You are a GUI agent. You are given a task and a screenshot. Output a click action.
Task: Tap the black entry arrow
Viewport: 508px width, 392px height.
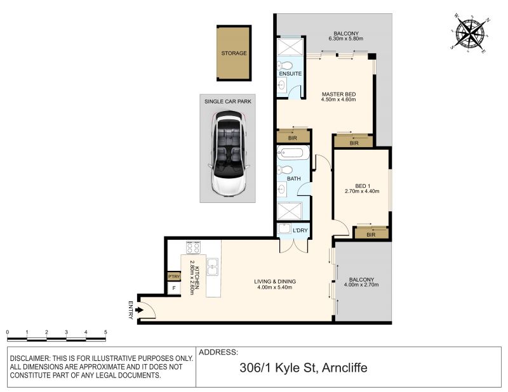pos(139,310)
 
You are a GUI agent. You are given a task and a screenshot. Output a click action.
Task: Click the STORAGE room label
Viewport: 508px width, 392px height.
pos(234,53)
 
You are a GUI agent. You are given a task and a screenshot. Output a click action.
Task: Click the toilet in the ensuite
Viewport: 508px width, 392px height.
pos(284,66)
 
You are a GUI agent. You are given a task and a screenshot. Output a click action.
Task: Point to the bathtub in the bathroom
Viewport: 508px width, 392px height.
pos(293,153)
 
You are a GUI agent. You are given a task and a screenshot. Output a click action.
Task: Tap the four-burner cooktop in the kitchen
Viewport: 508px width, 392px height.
pos(193,247)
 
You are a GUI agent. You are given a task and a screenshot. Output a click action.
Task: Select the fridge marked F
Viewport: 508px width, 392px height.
pos(174,288)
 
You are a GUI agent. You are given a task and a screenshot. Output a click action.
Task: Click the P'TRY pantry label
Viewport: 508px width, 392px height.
pos(174,277)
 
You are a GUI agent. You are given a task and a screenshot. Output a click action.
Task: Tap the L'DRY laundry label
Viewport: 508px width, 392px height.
pos(300,230)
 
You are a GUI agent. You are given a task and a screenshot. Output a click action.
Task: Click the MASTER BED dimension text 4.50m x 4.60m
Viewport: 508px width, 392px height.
pos(338,100)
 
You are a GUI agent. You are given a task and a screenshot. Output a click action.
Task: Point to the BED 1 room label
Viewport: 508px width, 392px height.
pos(363,186)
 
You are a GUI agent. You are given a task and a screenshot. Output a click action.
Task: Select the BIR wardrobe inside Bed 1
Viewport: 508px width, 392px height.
pos(371,233)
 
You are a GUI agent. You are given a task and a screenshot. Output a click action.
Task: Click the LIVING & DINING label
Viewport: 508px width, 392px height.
pos(275,282)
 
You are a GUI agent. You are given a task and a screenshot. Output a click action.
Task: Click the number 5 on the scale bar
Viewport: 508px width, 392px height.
pos(105,332)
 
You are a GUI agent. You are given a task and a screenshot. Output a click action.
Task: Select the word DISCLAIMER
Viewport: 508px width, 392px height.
pos(29,358)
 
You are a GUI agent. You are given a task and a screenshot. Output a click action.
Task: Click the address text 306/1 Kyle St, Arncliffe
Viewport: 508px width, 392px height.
pos(304,368)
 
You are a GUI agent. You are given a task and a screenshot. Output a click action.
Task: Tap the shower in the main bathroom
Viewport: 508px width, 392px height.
pos(290,211)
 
